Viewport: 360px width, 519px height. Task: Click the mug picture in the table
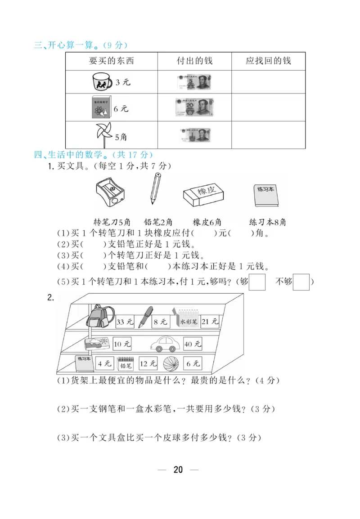pyautogui.click(x=102, y=82)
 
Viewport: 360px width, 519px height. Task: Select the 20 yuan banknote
pyautogui.click(x=193, y=108)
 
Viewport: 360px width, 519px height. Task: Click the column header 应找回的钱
pyautogui.click(x=268, y=61)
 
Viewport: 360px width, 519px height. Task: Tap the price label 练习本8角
pyautogui.click(x=268, y=222)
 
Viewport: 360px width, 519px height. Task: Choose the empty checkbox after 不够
pyautogui.click(x=301, y=282)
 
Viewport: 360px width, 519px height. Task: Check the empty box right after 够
pyautogui.click(x=257, y=282)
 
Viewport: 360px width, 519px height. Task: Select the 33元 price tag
pyautogui.click(x=125, y=322)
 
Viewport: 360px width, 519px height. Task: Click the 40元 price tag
pyautogui.click(x=192, y=344)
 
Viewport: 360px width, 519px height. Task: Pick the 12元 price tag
pyautogui.click(x=148, y=363)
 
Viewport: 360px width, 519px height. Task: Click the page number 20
pyautogui.click(x=178, y=470)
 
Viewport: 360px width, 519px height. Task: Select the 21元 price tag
pyautogui.click(x=210, y=321)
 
